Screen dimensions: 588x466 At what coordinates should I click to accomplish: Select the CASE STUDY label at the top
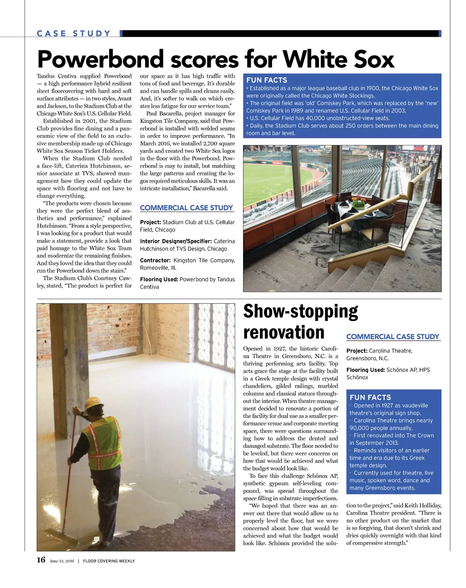pyautogui.click(x=74, y=34)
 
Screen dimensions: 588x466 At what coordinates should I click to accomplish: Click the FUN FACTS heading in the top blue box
pyautogui.click(x=267, y=80)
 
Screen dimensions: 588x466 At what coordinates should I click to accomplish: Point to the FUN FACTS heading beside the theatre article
pyautogui.click(x=370, y=397)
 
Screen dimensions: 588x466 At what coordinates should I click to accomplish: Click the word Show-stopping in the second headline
pyautogui.click(x=300, y=312)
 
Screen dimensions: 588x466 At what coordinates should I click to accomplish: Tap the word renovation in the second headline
pyautogui.click(x=284, y=332)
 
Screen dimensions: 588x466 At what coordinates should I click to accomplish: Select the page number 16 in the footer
pyautogui.click(x=41, y=560)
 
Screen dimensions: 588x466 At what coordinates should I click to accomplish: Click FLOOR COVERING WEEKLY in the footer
pyautogui.click(x=109, y=561)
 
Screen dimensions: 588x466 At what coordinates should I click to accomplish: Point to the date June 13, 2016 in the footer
pyautogui.click(x=61, y=561)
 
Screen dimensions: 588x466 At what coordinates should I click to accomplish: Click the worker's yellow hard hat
pyautogui.click(x=93, y=403)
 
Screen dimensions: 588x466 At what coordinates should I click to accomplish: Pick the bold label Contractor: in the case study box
pyautogui.click(x=155, y=261)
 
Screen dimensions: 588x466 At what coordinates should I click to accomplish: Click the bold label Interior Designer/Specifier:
pyautogui.click(x=176, y=241)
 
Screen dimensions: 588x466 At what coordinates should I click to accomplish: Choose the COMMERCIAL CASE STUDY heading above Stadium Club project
pyautogui.click(x=187, y=208)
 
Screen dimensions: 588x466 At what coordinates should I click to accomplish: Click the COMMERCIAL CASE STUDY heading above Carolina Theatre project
pyautogui.click(x=393, y=337)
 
